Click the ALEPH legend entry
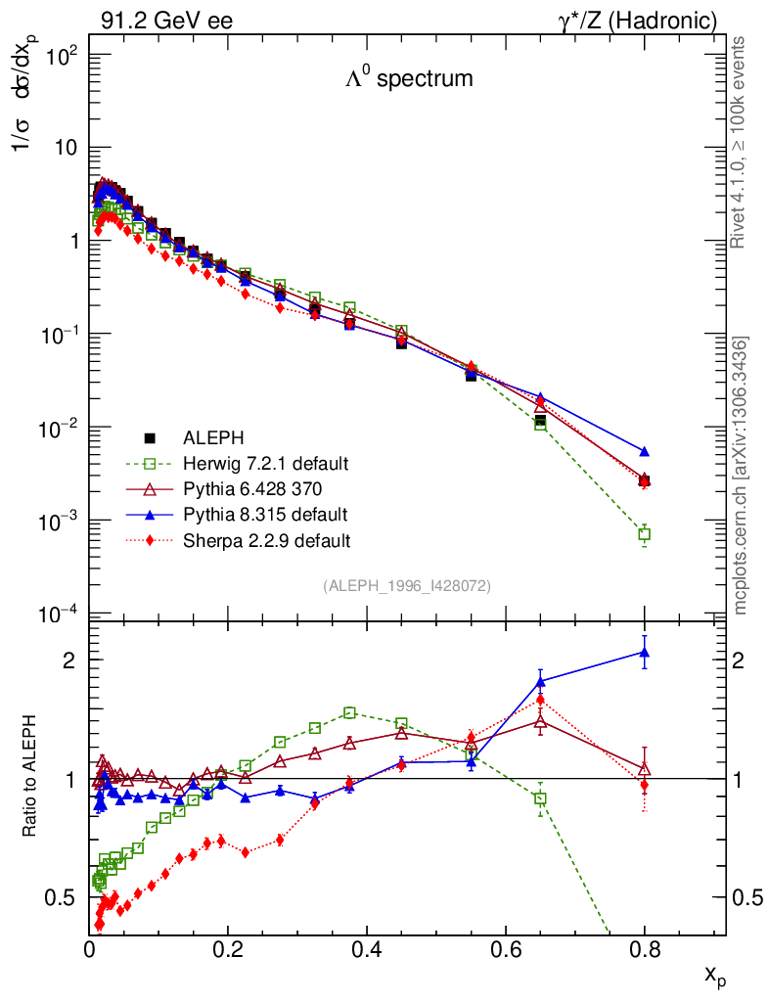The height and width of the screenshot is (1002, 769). click(x=204, y=437)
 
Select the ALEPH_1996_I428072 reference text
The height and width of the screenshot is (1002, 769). click(x=406, y=586)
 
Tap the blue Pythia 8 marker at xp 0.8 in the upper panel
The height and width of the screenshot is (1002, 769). click(x=644, y=451)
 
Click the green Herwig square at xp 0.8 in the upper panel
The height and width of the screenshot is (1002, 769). click(x=644, y=534)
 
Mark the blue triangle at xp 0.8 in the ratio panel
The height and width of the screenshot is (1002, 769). click(x=644, y=653)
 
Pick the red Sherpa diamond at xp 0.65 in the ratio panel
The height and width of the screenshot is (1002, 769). click(x=540, y=700)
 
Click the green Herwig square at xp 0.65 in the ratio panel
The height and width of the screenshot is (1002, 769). click(x=540, y=798)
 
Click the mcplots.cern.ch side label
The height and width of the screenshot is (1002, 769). click(x=741, y=475)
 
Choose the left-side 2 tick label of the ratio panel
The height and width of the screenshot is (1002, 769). click(x=70, y=660)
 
